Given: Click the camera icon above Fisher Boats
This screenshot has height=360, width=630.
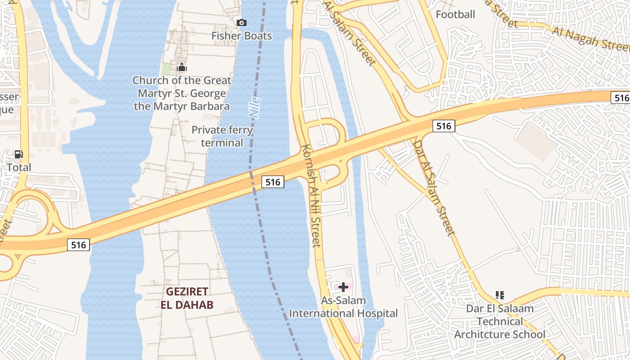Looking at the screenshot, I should pos(242,22).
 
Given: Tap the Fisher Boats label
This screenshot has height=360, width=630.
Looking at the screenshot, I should pos(242,36).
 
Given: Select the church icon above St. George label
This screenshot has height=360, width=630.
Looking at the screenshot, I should pos(182,68).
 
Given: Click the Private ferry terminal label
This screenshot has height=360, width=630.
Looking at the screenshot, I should pos(222,136).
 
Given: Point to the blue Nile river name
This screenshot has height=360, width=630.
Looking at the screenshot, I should pos(255,108).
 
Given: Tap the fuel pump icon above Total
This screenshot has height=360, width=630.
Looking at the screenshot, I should pos(18,154).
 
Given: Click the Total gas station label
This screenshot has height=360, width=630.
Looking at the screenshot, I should pos(19,167).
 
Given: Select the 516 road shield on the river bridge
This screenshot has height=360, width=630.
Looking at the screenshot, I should pos(273,182).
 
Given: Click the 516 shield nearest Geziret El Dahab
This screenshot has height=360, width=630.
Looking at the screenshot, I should pos(79,245).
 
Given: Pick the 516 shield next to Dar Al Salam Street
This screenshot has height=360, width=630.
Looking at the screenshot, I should pos(444,126).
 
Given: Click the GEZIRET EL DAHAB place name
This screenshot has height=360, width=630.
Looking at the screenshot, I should pos(187,298).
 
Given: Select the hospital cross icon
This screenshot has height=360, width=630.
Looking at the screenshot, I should pos(343,287).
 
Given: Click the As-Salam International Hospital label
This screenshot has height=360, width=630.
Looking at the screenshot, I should pos(343,307).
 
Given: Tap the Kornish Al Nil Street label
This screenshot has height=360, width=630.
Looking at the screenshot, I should pos(311,196).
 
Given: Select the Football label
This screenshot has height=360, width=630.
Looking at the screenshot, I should pos(455,14).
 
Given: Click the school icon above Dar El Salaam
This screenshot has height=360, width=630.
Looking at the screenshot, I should pos(499,295).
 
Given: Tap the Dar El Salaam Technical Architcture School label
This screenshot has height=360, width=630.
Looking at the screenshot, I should pos(499,321).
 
